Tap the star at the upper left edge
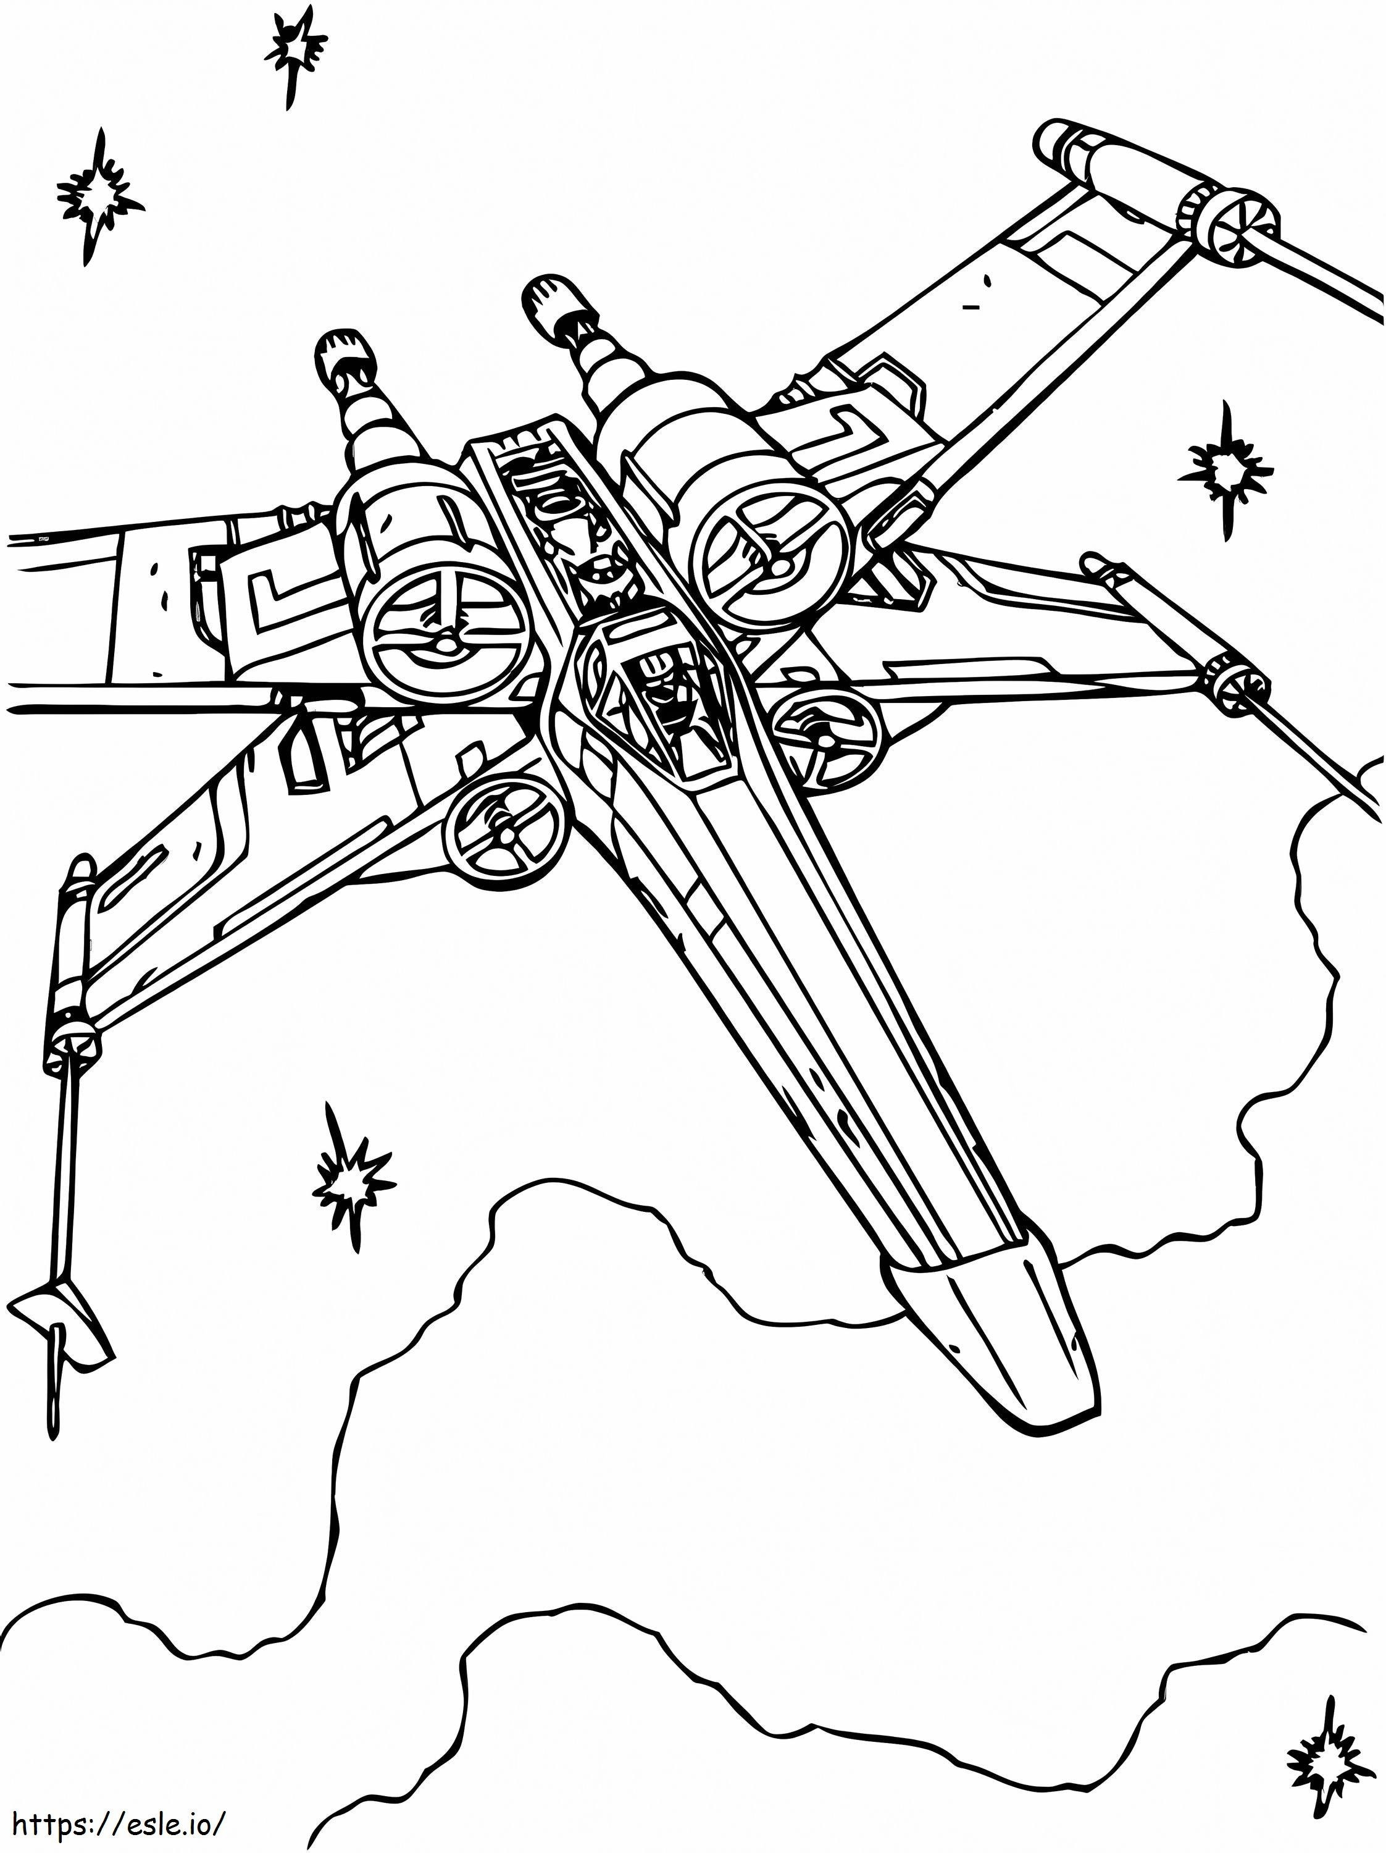click(x=98, y=195)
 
